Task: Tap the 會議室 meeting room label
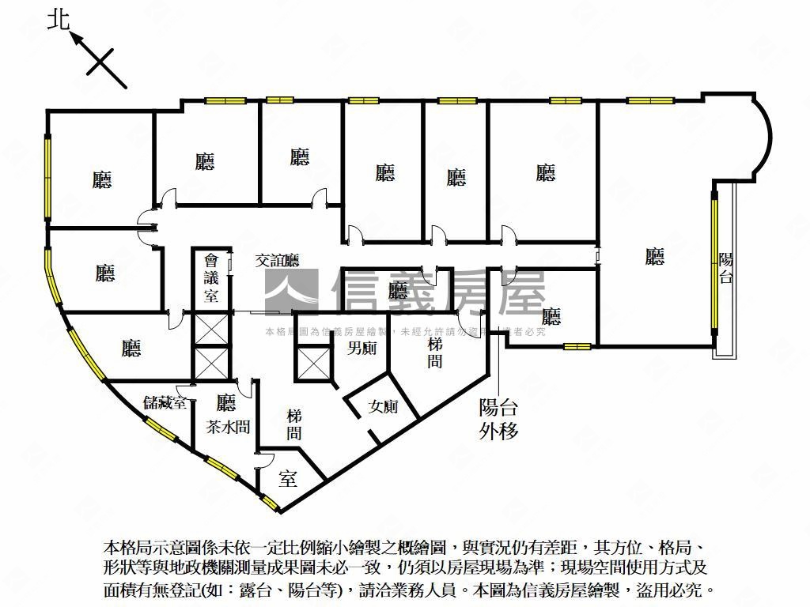pyautogui.click(x=211, y=277)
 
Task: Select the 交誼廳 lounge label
pyautogui.click(x=277, y=260)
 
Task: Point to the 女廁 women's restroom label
pyautogui.click(x=384, y=407)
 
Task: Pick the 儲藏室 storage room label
pyautogui.click(x=165, y=402)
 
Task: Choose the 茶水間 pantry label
pyautogui.click(x=228, y=427)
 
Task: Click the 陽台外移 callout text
pyautogui.click(x=498, y=419)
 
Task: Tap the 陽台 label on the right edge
pyautogui.click(x=726, y=267)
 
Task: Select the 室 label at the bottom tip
pyautogui.click(x=288, y=478)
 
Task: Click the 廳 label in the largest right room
pyautogui.click(x=654, y=256)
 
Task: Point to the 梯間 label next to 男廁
pyautogui.click(x=435, y=353)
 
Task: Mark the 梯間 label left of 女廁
pyautogui.click(x=294, y=424)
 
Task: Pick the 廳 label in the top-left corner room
pyautogui.click(x=102, y=180)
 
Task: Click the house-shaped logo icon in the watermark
pyautogui.click(x=291, y=289)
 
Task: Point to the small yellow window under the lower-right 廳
pyautogui.click(x=577, y=346)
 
